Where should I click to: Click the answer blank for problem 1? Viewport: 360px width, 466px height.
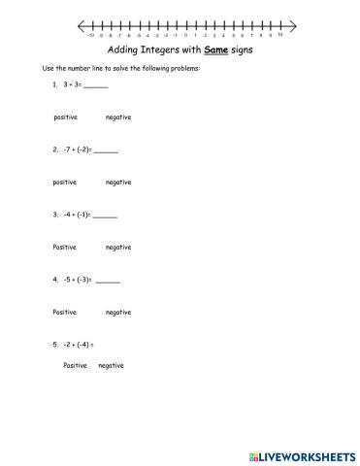tap(96, 87)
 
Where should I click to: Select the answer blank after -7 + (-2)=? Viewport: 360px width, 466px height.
tap(106, 151)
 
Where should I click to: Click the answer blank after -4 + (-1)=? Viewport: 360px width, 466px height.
tap(105, 216)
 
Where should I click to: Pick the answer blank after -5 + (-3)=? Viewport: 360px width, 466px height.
tap(109, 280)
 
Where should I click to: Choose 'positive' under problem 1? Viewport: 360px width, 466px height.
tap(65, 117)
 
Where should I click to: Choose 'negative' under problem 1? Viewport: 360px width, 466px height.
tap(118, 117)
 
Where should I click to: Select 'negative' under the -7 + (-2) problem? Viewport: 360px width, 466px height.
tap(118, 182)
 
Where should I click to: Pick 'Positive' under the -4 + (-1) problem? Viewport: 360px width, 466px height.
tap(65, 247)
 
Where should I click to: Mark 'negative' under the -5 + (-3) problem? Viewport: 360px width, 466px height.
tap(118, 312)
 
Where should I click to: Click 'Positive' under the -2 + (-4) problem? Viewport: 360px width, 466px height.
tap(75, 366)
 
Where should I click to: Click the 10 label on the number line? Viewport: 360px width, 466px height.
tap(279, 34)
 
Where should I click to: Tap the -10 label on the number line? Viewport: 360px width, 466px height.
tap(90, 34)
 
